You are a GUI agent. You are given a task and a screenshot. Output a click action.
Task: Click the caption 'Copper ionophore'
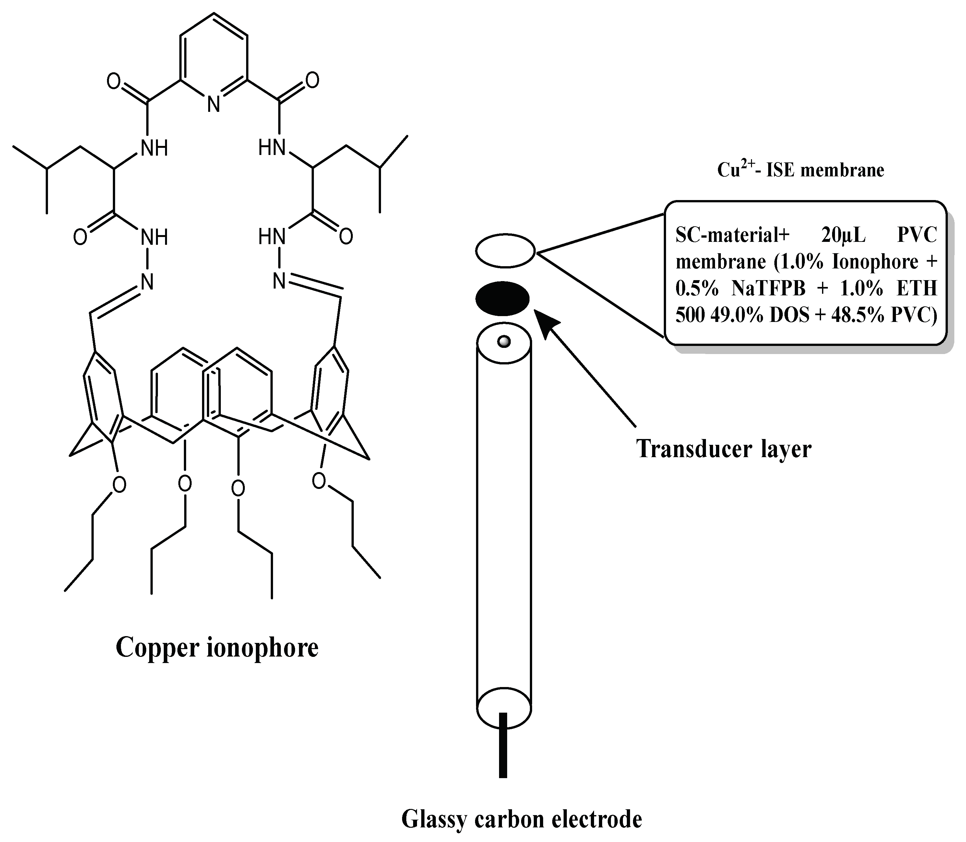point(217,648)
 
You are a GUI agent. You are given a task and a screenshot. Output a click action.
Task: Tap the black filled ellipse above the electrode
point(503,299)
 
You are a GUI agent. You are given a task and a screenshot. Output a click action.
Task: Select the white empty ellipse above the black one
point(505,250)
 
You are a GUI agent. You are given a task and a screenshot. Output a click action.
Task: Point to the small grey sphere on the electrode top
point(504,341)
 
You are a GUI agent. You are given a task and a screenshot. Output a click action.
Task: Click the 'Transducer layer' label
point(723,449)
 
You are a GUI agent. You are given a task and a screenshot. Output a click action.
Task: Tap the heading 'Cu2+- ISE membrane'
point(801,170)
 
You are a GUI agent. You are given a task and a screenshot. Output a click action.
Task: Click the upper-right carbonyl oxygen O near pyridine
point(313,80)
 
